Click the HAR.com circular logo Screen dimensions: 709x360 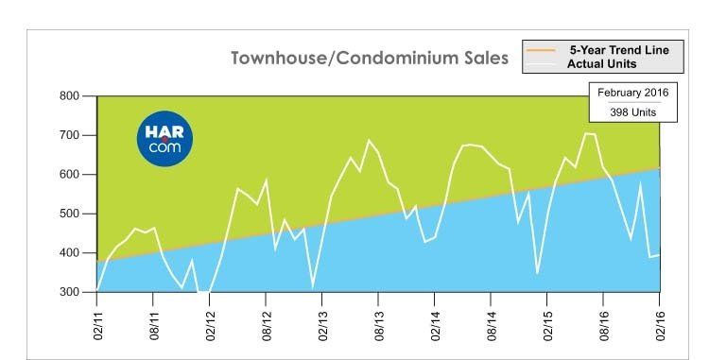pos(164,139)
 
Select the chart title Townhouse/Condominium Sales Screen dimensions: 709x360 pos(370,59)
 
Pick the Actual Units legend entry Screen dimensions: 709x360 pos(602,63)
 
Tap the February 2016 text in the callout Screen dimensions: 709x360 pos(632,93)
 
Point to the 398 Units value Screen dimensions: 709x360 pos(632,112)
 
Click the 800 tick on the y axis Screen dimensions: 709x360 pos(69,95)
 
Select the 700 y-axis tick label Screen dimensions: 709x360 pos(69,135)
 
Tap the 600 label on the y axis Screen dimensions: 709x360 pos(69,175)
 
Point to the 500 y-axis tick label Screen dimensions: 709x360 pos(69,214)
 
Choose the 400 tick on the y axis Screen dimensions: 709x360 pos(69,253)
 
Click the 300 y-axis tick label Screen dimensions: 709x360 pos(69,292)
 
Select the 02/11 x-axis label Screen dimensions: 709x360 pos(97,325)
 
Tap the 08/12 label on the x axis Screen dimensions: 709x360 pos(267,325)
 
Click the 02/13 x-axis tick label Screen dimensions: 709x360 pos(323,325)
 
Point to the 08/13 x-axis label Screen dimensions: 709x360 pos(379,325)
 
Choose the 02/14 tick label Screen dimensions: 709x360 pos(436,325)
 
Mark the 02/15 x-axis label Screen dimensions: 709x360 pos(548,325)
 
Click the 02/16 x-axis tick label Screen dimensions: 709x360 pos(661,325)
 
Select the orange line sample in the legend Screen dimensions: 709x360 pos(541,50)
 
